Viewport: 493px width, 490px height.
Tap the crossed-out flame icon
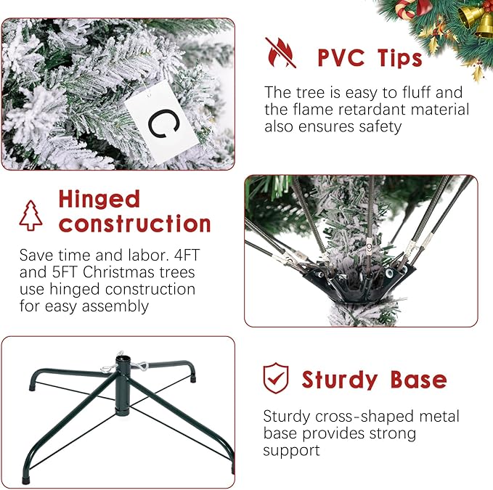[x=280, y=52]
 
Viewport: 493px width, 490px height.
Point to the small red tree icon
[x=30, y=215]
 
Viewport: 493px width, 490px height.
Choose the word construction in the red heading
[x=135, y=224]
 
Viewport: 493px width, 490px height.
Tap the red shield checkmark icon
[x=275, y=378]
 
